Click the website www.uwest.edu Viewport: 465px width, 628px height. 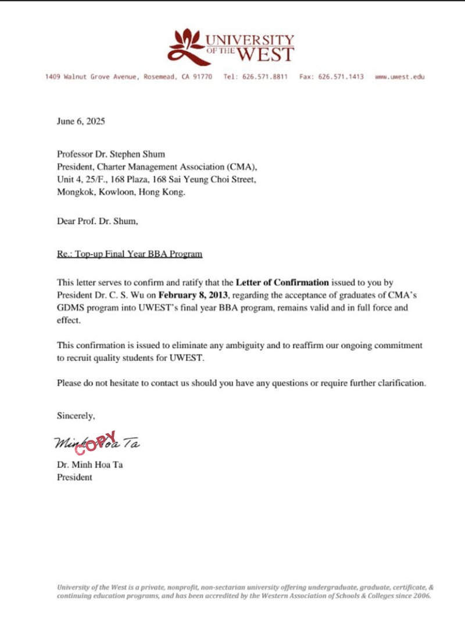(400, 77)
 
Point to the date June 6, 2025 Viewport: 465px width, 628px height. (81, 122)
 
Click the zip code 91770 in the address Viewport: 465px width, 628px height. (203, 77)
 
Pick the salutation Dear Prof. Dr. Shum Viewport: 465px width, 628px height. (98, 221)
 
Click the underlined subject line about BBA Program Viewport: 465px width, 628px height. (130, 254)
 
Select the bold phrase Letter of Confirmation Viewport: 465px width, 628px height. (282, 283)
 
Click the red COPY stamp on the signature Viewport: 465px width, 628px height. (96, 442)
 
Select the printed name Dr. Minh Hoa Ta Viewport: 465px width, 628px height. (90, 464)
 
